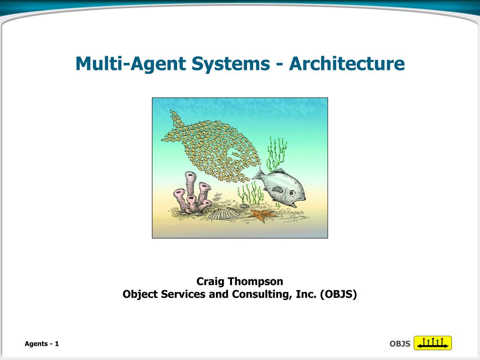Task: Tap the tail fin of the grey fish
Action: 257,176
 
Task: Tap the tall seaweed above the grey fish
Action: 277,152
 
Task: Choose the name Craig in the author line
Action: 210,281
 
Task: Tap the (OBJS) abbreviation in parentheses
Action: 338,294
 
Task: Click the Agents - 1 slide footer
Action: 42,344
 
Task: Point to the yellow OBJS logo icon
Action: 433,343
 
